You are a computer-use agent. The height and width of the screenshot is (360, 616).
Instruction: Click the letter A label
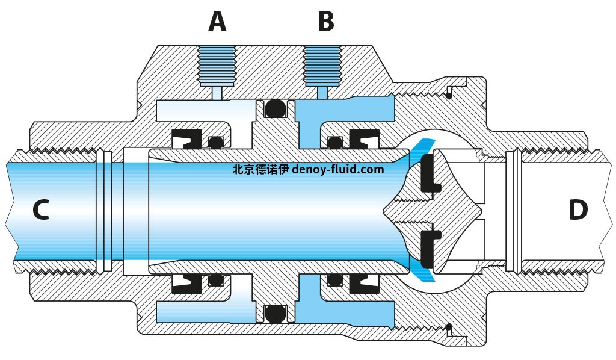(x=217, y=22)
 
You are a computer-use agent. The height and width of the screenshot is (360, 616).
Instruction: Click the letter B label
(x=325, y=22)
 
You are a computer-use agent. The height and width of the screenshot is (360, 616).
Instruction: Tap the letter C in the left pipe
(x=40, y=210)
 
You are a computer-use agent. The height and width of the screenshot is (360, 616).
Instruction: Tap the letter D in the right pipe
(x=577, y=210)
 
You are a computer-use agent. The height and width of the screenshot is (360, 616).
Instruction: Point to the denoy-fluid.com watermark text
(x=337, y=170)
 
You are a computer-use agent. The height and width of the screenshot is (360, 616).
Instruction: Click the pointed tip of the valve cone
(x=387, y=211)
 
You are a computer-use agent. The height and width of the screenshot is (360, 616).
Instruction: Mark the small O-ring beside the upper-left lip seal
(x=215, y=143)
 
